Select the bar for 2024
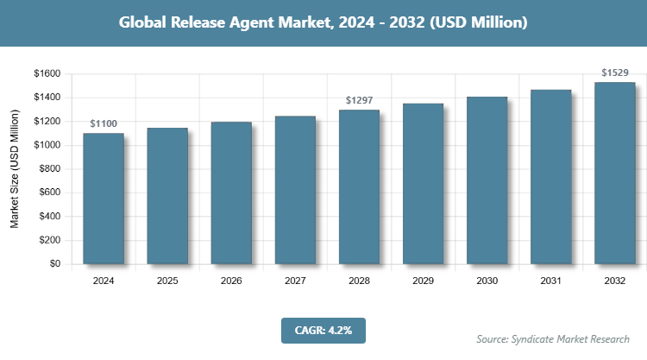click(104, 199)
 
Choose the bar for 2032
click(614, 173)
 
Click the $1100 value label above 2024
click(104, 125)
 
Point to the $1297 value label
click(359, 101)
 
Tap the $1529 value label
click(614, 73)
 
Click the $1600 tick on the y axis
click(47, 74)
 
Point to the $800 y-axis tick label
click(49, 169)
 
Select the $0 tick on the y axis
click(54, 264)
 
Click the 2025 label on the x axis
click(167, 281)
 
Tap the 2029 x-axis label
click(423, 281)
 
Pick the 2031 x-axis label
click(550, 281)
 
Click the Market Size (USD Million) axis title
click(15, 170)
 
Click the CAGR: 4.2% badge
click(323, 330)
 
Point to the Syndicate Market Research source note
click(553, 338)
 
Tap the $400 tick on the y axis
click(49, 217)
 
